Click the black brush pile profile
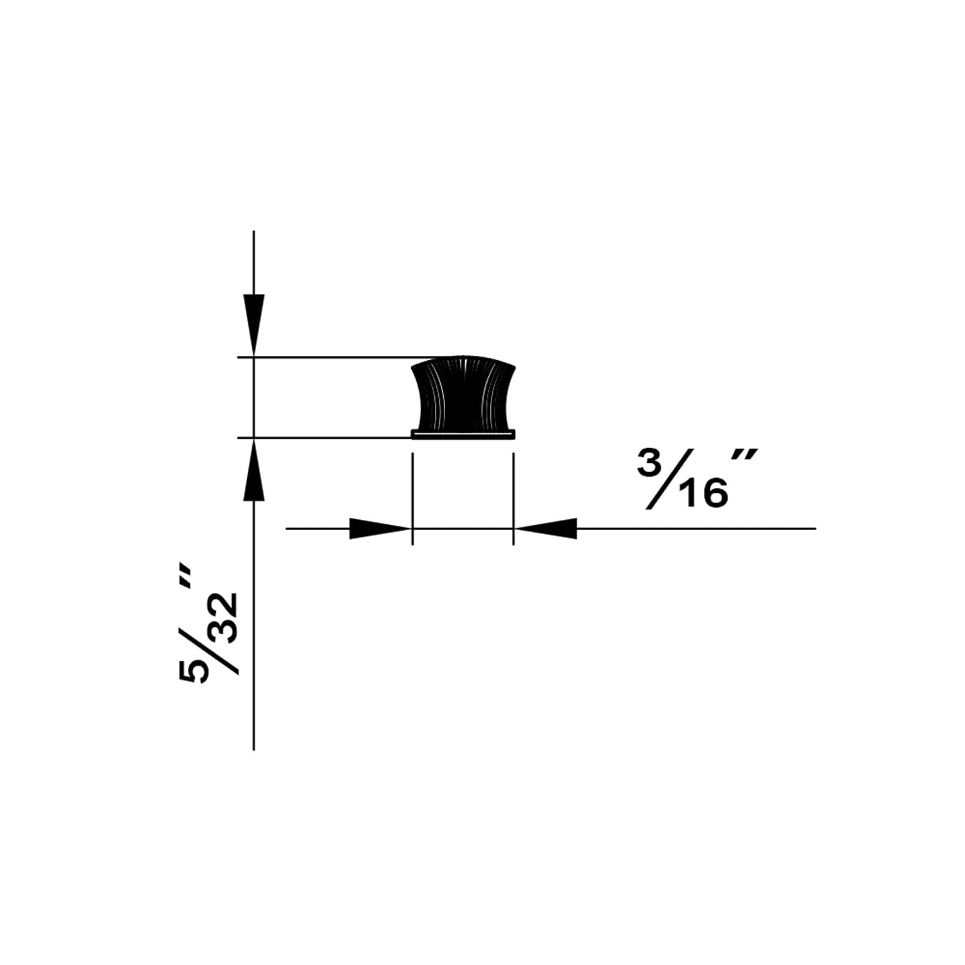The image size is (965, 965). [463, 396]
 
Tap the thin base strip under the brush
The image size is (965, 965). [463, 435]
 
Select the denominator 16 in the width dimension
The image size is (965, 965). [704, 494]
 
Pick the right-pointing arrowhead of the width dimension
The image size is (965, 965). [380, 529]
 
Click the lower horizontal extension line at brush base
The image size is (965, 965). [328, 438]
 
